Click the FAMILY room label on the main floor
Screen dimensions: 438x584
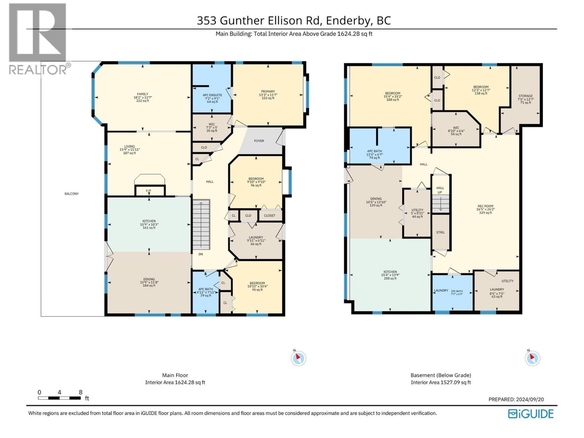(x=142, y=97)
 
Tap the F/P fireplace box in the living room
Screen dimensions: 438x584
(x=149, y=191)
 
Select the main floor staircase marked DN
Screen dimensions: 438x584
(x=201, y=224)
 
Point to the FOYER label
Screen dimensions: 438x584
(x=259, y=141)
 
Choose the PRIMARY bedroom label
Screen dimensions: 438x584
(x=268, y=95)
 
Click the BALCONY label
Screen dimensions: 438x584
(x=72, y=194)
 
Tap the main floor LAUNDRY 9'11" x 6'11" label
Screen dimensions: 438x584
(x=255, y=240)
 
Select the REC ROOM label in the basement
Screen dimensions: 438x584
(x=485, y=209)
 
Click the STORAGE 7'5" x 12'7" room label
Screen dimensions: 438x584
(x=525, y=99)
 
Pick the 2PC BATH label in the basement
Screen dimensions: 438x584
(x=457, y=292)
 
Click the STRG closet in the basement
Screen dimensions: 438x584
(x=440, y=232)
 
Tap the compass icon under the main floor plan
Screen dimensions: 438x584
(x=298, y=358)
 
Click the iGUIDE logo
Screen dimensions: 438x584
(x=531, y=414)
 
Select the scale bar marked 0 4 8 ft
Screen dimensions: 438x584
(x=59, y=398)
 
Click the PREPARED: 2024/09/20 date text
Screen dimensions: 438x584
(x=516, y=399)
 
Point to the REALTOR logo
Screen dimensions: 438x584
(x=38, y=39)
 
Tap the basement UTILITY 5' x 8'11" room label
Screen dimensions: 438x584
(x=417, y=213)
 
